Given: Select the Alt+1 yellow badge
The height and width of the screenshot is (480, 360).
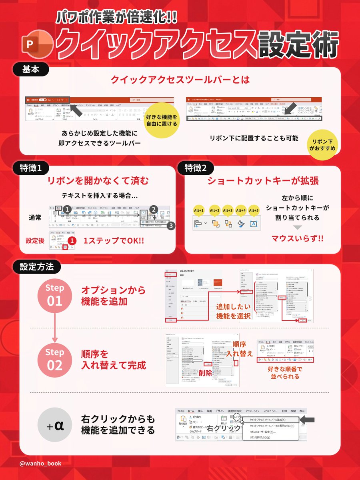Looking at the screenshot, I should (199, 210).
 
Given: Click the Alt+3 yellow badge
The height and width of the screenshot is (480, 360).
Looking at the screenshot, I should (228, 210).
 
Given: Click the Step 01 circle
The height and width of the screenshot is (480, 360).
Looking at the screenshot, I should (54, 295).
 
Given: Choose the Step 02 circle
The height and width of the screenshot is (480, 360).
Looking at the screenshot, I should (54, 360).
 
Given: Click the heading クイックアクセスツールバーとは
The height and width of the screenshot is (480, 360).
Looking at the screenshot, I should (180, 80).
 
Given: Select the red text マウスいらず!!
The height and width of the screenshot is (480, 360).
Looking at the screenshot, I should (298, 239).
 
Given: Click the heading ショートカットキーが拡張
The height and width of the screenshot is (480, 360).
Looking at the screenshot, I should (263, 181).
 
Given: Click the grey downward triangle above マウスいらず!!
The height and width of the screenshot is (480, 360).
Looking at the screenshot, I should (298, 227).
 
